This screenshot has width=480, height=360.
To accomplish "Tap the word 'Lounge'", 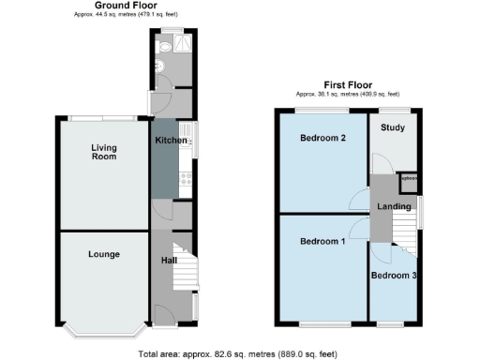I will [x=103, y=254].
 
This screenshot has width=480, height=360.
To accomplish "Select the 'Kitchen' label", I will [x=171, y=140].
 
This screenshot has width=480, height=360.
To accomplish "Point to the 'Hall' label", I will [x=169, y=260].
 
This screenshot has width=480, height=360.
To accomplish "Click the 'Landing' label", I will [x=394, y=205].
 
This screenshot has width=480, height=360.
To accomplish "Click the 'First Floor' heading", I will [x=348, y=83].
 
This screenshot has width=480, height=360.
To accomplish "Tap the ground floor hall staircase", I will [x=186, y=272].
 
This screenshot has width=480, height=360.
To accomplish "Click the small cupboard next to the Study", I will [x=408, y=180].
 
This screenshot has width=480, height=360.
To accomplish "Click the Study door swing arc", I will [x=380, y=161].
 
